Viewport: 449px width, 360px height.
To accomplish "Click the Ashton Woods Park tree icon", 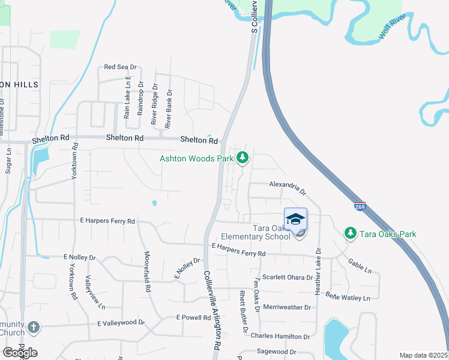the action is [243, 158].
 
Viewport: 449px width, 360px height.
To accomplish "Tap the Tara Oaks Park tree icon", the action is [349, 232].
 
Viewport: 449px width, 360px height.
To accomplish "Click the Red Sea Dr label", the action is [121, 67].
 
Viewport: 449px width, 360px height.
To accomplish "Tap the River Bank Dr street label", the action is [169, 107].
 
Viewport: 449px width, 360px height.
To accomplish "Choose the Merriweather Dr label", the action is [287, 307].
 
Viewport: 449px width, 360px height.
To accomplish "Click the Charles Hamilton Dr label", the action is [280, 337].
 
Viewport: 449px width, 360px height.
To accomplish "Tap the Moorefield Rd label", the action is [146, 271].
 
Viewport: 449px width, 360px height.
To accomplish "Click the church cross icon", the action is [34, 328].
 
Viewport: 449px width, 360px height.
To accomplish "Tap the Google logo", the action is [20, 353].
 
